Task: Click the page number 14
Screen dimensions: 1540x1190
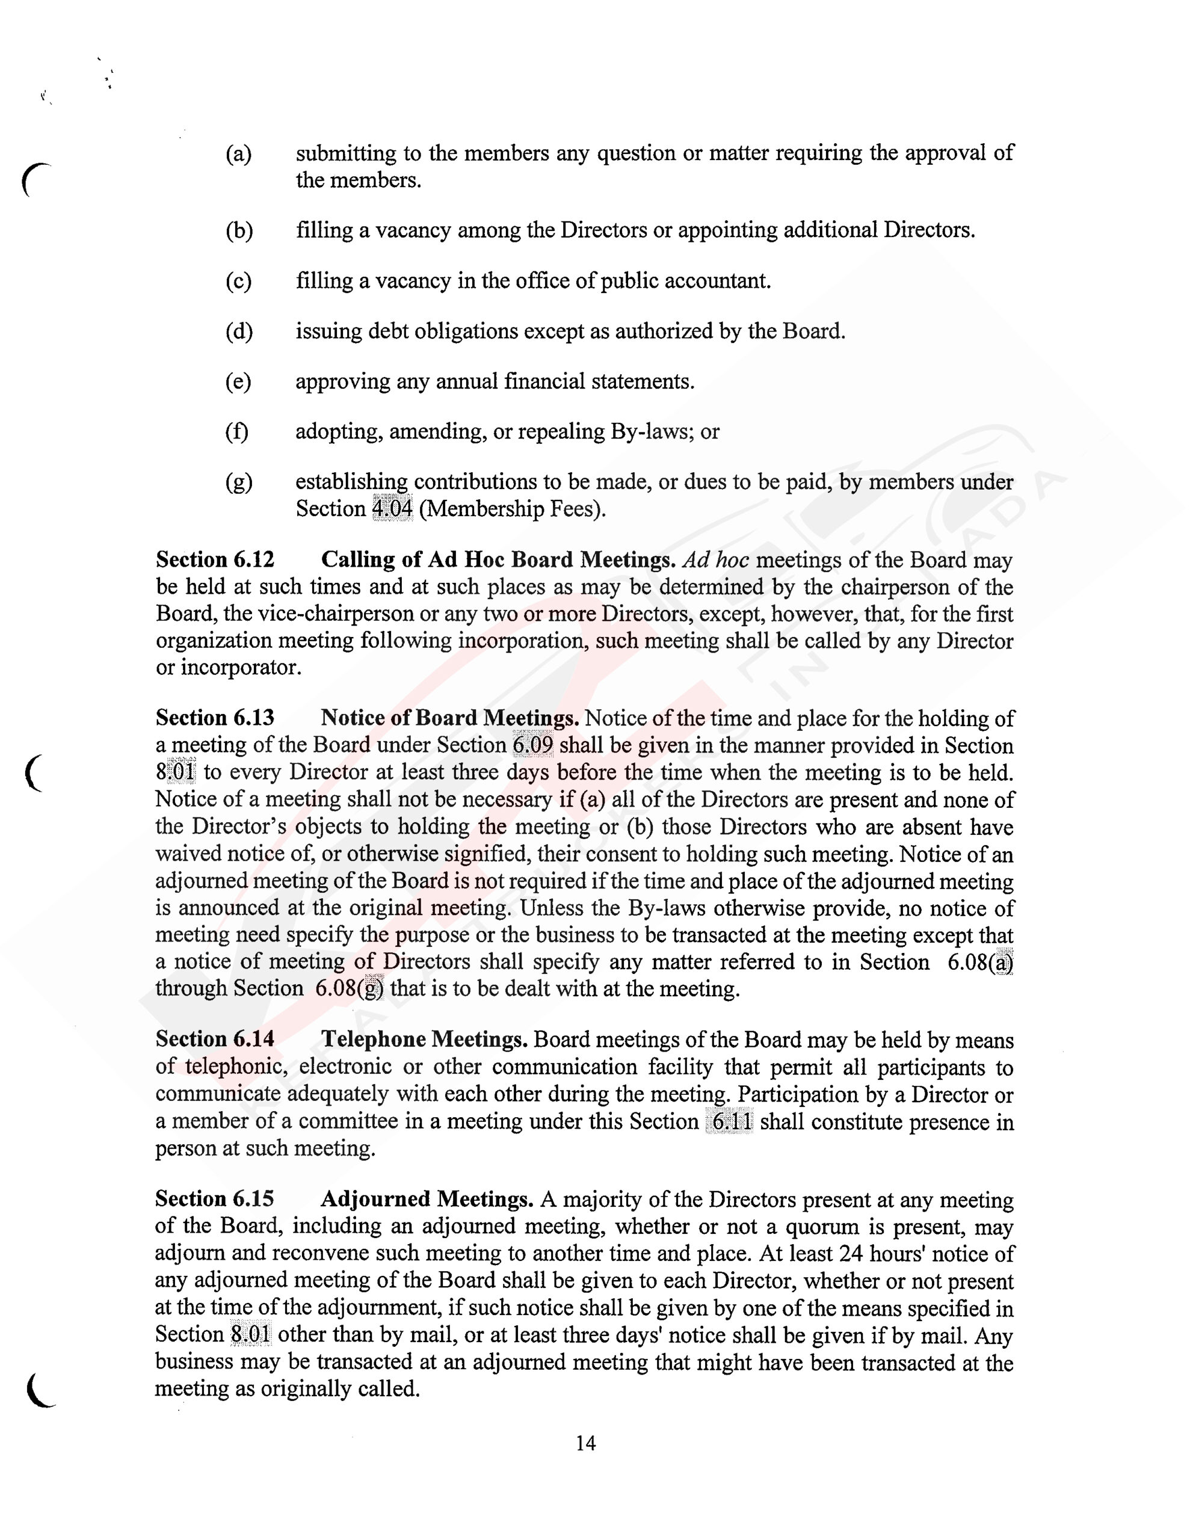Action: tap(585, 1443)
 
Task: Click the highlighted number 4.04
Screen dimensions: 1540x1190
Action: tap(392, 509)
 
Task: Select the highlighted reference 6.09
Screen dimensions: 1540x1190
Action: tap(532, 745)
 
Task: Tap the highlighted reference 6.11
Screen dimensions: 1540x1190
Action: tap(729, 1121)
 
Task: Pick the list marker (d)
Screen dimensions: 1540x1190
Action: tap(238, 331)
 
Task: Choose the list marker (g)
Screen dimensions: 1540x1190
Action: tap(238, 482)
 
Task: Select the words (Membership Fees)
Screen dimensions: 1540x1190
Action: tap(512, 509)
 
